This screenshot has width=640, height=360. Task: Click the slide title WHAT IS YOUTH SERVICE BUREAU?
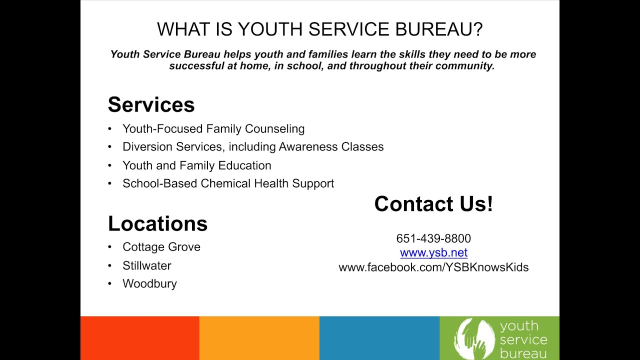(320, 29)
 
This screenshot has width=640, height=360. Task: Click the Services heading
(151, 104)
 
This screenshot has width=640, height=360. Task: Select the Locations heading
(157, 223)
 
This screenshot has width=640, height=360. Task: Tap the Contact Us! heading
(433, 204)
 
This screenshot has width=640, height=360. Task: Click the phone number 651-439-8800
(433, 238)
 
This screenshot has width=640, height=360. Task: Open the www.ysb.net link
(433, 253)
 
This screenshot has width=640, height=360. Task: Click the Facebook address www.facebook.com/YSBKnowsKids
(433, 267)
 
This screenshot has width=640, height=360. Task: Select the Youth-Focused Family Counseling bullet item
(213, 129)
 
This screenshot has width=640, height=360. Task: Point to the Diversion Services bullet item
(253, 147)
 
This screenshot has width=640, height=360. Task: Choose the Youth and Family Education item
(197, 165)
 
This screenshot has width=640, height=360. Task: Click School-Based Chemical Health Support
(228, 183)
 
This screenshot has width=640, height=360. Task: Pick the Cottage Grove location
(161, 247)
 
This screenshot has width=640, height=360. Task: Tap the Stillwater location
(147, 265)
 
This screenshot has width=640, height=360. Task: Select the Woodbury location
(149, 284)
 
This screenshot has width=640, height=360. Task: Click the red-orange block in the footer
(139, 338)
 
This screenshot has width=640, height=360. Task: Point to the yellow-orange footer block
(259, 338)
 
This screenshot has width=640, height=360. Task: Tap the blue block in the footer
(379, 338)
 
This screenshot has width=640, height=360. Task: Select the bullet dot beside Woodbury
(110, 284)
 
